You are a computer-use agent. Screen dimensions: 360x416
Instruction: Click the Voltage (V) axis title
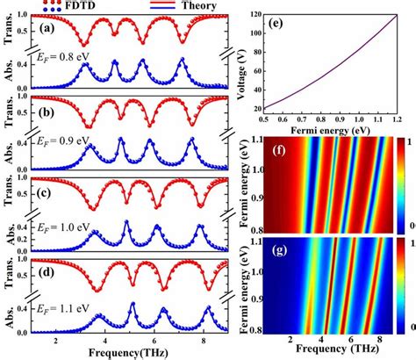[242, 63]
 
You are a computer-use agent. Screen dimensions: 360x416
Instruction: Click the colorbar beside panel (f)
[396, 185]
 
